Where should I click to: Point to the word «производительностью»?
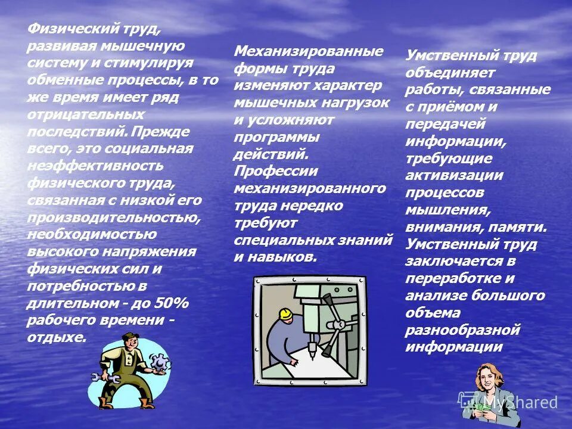click(x=114, y=216)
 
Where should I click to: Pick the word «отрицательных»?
click(x=85, y=113)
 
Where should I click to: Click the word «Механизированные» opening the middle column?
click(x=309, y=51)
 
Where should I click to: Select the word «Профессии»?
click(x=276, y=171)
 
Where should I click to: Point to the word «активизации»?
click(x=455, y=176)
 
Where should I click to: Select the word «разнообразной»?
click(x=463, y=329)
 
